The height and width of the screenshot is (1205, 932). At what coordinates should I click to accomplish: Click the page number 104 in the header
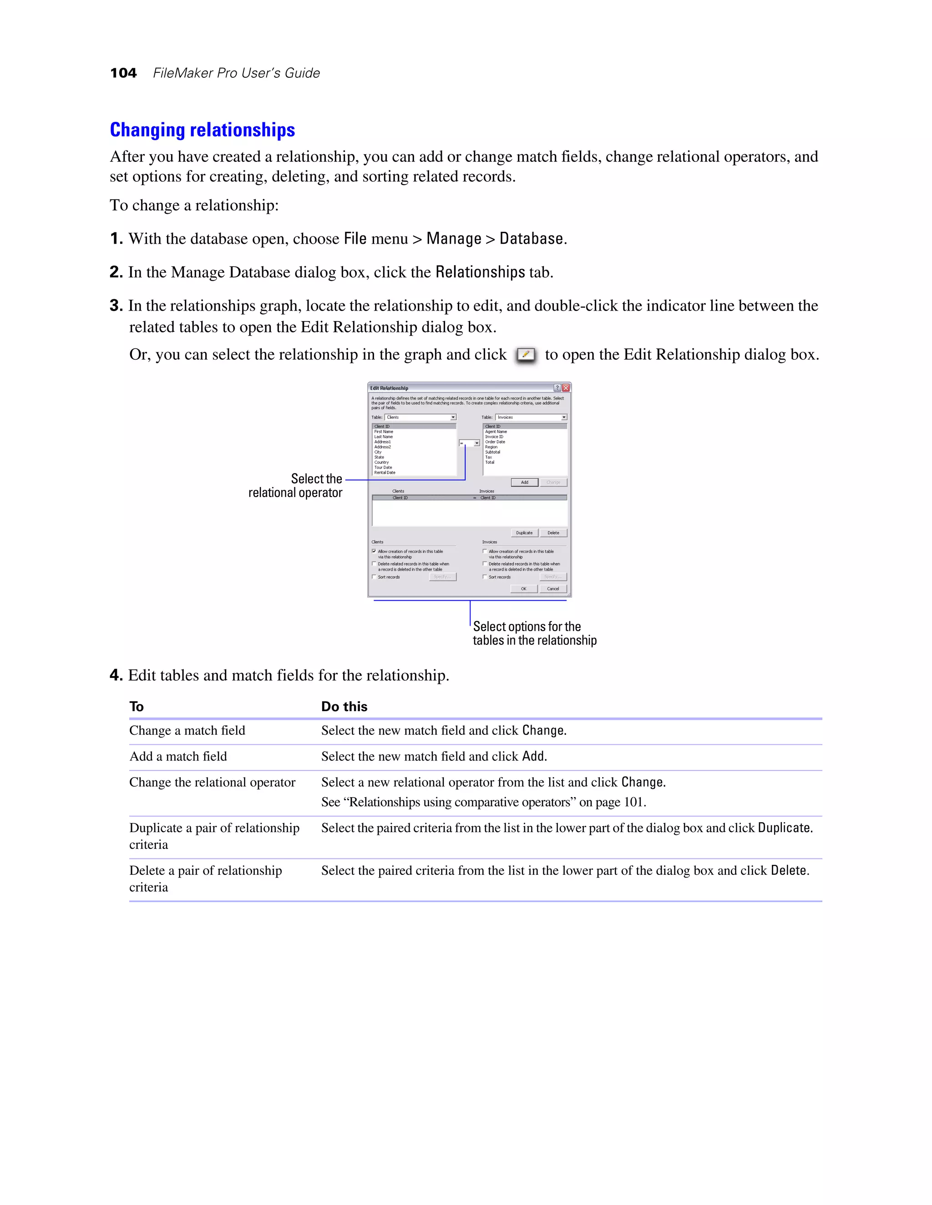(x=123, y=73)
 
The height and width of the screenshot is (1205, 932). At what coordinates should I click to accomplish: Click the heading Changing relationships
(x=202, y=130)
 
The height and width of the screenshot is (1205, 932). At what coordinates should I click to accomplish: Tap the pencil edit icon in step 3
(x=526, y=355)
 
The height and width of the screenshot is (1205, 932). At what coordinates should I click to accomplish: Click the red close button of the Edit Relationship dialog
(x=566, y=388)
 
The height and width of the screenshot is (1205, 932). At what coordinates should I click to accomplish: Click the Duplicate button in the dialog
(x=524, y=533)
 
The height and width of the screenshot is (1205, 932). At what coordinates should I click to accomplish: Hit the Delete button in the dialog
(x=553, y=533)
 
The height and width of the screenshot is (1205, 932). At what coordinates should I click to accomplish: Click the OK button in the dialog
(x=523, y=589)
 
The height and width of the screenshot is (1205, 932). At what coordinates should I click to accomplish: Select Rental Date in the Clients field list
(x=385, y=473)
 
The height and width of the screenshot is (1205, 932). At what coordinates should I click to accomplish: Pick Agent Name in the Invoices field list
(x=496, y=432)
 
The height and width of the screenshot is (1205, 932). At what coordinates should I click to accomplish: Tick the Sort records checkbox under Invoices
(x=485, y=577)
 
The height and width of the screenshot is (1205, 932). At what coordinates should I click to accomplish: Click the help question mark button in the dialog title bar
(x=557, y=388)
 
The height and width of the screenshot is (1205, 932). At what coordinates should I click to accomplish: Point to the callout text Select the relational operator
(x=295, y=486)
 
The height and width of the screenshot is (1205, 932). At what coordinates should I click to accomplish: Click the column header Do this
(x=344, y=706)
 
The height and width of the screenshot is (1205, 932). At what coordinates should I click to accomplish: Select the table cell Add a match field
(x=178, y=757)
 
